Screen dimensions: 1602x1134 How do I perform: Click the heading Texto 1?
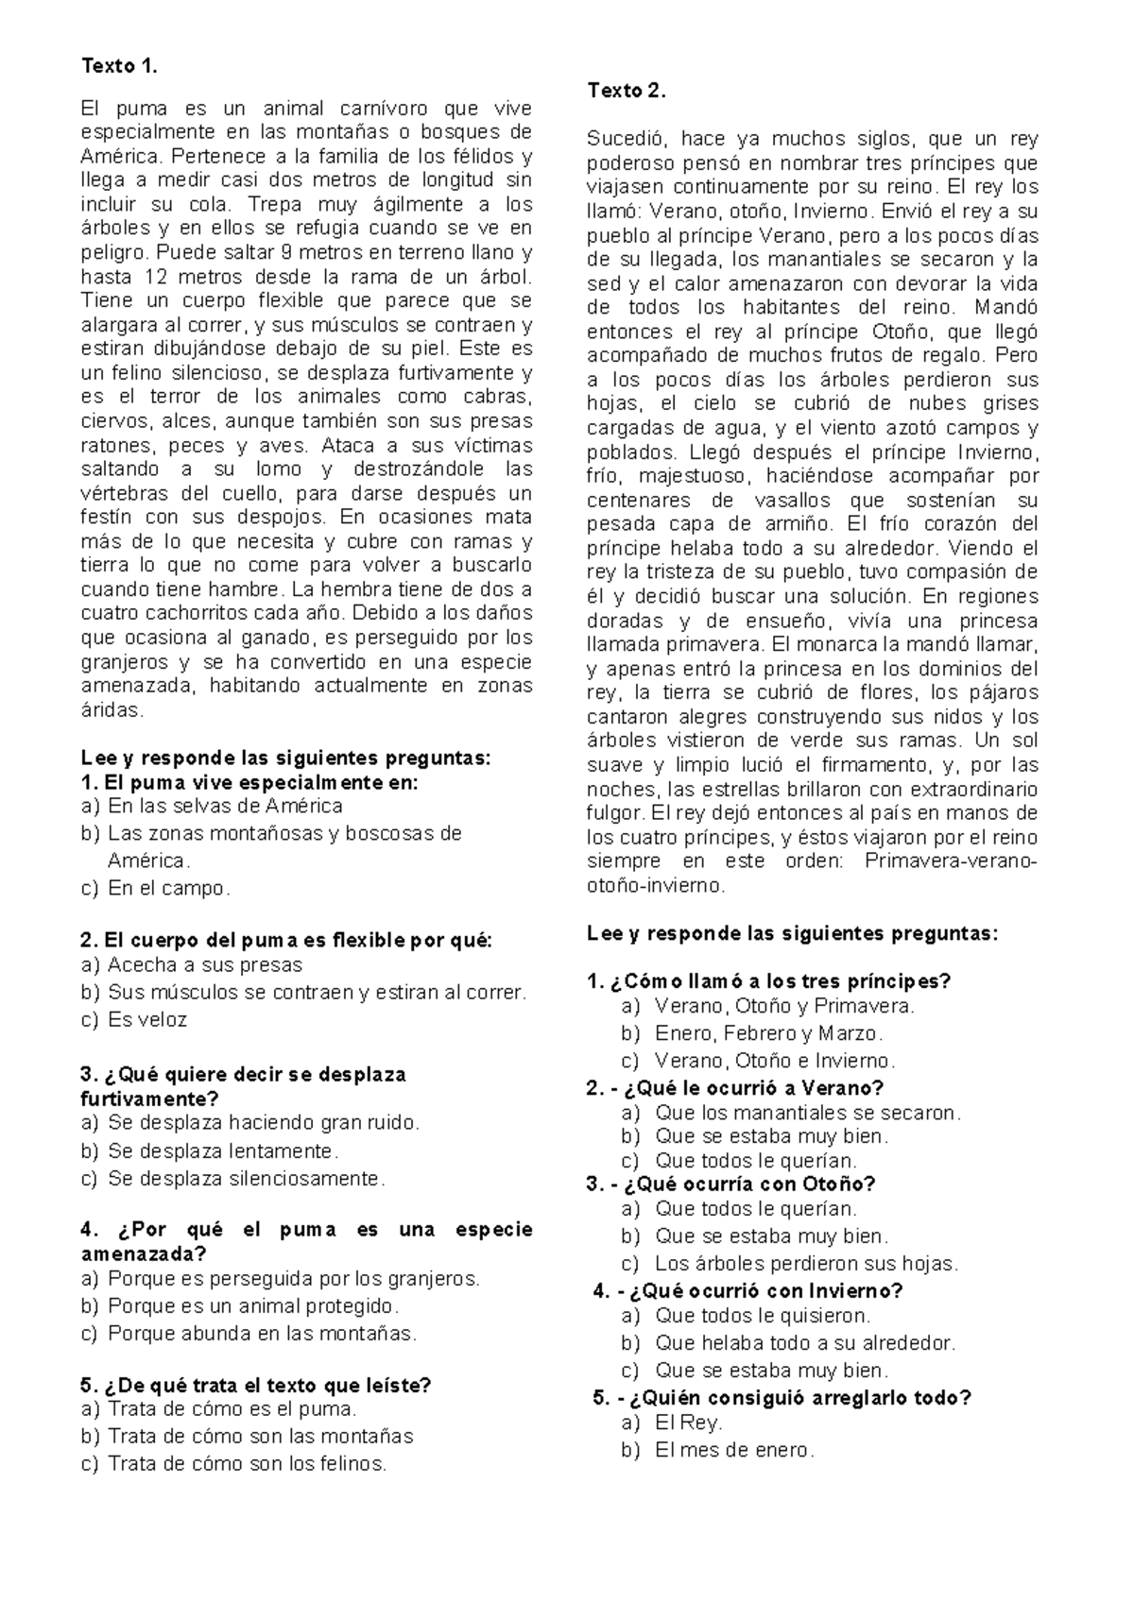115,65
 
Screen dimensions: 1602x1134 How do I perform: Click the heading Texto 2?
626,91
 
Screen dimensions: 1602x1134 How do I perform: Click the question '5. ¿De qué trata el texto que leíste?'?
256,1385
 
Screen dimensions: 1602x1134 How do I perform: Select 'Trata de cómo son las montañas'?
260,1436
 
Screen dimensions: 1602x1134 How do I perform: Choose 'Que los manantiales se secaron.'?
807,1113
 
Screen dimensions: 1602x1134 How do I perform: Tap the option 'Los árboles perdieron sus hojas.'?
806,1263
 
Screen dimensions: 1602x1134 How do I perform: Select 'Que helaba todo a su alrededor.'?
805,1342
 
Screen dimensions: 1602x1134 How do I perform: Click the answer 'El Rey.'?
688,1423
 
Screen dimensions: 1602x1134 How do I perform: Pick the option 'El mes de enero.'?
733,1450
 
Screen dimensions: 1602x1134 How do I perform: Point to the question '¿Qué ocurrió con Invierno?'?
760,1290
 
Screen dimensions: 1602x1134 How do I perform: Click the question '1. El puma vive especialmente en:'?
249,782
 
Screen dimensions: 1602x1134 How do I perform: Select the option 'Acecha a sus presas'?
205,964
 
